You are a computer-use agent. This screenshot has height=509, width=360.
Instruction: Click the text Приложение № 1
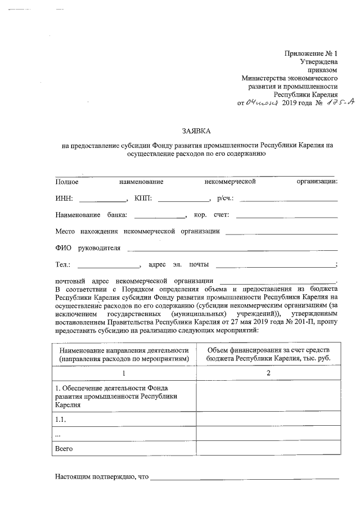click(310, 53)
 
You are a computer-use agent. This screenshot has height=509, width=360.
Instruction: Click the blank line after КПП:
click(183, 199)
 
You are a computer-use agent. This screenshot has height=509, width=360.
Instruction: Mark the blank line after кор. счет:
click(287, 215)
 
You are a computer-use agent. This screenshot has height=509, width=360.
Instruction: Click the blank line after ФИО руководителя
click(232, 248)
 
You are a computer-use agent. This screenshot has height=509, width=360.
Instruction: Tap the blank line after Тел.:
click(108, 264)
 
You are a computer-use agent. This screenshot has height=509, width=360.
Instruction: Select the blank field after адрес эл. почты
click(274, 264)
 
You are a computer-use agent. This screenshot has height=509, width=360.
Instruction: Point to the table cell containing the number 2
click(268, 373)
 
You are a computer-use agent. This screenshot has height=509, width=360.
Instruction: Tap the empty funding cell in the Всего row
click(268, 449)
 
